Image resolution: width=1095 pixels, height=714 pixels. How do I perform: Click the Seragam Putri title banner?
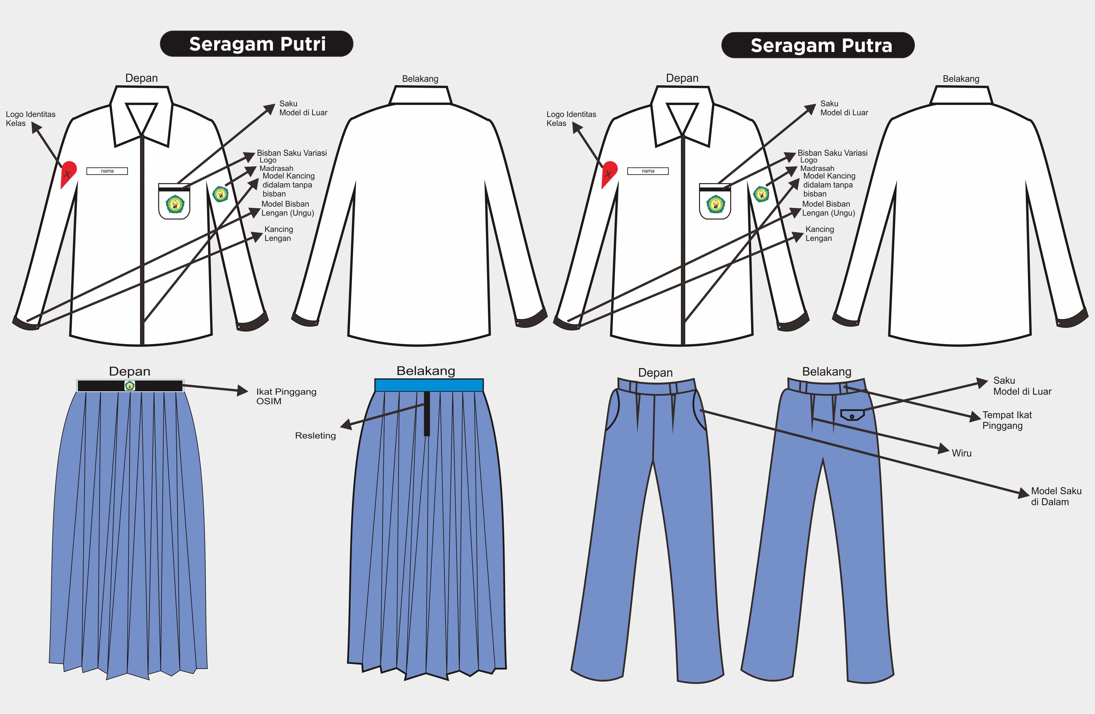pos(256,44)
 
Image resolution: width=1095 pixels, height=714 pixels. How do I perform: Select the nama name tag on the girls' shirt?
pos(107,171)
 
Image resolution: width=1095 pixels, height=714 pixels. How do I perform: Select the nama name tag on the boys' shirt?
pos(648,171)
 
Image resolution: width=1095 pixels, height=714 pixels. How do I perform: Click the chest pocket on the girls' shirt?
pos(174,201)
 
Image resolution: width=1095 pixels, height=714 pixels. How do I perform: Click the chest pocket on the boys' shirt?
pos(715,201)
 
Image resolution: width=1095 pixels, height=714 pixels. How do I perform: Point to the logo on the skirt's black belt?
pos(130,386)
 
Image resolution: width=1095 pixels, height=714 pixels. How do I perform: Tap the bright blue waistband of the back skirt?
pos(429,385)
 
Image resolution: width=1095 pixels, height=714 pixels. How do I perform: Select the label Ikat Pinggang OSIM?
pos(286,396)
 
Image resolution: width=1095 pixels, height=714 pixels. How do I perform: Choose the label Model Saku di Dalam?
pos(1056,496)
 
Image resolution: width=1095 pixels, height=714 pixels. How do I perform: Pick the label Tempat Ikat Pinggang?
pos(1007,420)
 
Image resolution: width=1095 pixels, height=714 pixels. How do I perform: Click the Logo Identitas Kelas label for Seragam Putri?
pos(30,119)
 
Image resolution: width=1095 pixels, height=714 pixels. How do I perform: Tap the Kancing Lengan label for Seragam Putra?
pos(819,234)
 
